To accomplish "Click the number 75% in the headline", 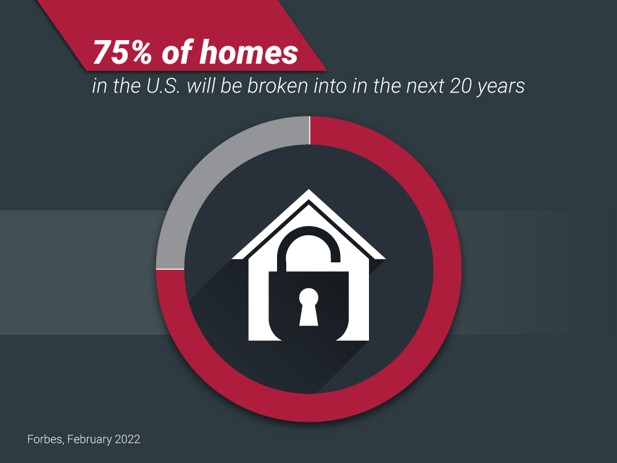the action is point(122,52).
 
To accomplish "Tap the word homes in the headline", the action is point(249,52).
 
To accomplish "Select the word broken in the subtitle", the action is point(278,85).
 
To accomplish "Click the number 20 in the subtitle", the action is point(460,86).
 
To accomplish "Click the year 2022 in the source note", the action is point(128,439).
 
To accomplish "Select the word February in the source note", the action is point(89,440).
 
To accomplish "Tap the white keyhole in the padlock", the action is point(308,307).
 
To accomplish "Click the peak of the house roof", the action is point(308,190).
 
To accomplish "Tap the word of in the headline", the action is point(176,52).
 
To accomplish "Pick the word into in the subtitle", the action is point(329,85).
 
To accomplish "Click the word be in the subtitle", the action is point(231,85).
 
